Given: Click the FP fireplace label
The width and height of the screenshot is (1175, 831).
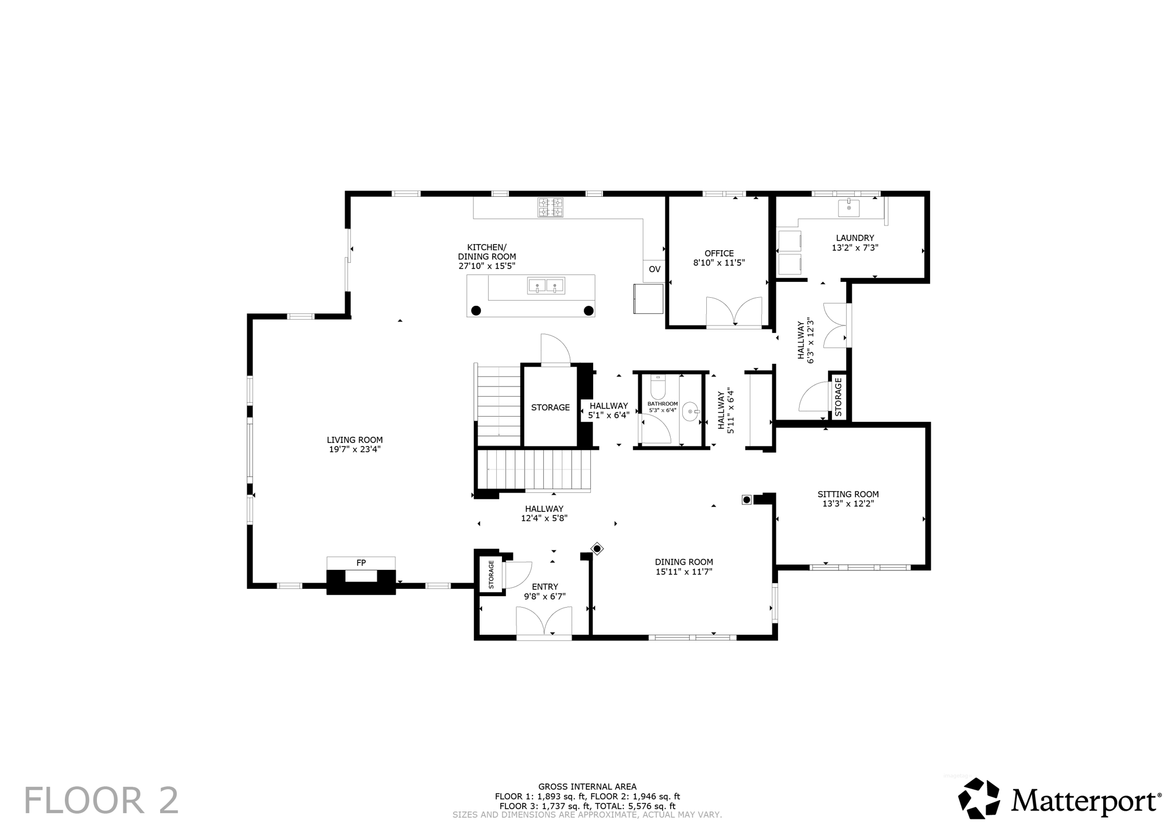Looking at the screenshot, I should point(361,563).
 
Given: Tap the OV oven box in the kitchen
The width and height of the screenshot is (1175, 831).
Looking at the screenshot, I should point(654,269).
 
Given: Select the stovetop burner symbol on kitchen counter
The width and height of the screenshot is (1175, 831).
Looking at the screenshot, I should point(550,207).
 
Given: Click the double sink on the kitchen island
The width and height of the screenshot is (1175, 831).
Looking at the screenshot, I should point(546,286).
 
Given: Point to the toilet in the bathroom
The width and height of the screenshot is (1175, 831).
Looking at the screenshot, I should point(657,388).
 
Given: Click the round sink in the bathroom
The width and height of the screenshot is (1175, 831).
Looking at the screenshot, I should point(690,411).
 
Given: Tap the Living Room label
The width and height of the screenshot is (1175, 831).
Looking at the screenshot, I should point(355,440).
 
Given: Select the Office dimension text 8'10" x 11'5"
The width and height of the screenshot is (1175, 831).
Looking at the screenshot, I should point(719,263).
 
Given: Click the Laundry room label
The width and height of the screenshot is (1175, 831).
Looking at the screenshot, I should point(855,238).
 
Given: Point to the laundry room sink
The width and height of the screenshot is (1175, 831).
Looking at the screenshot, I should point(849,208).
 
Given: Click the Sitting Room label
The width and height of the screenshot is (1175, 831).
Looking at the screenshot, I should point(848,494).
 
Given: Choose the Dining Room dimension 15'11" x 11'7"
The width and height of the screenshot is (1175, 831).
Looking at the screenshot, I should point(684,572).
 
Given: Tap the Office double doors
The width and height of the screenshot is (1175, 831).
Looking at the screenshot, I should point(734,312).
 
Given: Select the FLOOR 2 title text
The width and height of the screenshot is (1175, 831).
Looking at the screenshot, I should point(101,801).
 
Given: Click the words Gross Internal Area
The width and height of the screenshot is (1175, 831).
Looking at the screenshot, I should point(587,787).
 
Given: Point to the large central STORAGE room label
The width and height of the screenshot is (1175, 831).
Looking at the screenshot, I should point(550,407).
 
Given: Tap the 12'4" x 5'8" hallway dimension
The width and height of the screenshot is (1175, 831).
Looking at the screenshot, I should point(544,518).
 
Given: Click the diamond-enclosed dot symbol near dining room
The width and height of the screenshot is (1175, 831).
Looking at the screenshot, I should point(597,549).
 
